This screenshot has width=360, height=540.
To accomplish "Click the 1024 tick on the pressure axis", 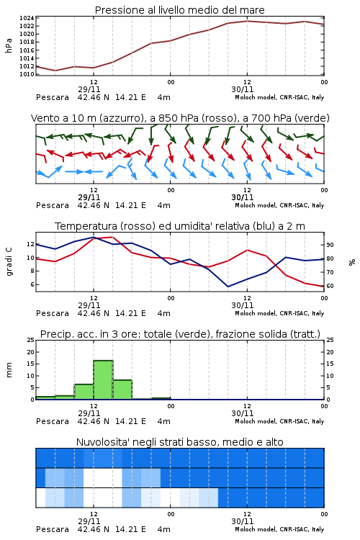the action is [x=27, y=18].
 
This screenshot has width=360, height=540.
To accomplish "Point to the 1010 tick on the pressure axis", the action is [x=27, y=74].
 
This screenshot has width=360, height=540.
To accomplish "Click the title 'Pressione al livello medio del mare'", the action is [x=180, y=10].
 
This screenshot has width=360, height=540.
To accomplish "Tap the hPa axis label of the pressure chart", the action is [x=9, y=45].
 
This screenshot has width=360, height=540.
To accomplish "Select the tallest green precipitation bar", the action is [x=103, y=380].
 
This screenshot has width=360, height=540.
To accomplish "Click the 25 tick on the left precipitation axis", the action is [x=31, y=340].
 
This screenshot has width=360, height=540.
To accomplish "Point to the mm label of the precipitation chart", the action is [x=9, y=370].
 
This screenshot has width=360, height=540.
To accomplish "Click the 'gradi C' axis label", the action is [x=9, y=261].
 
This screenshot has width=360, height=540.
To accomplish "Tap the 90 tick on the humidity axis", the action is [x=330, y=245].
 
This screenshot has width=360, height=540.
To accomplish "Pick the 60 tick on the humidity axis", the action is [x=330, y=286].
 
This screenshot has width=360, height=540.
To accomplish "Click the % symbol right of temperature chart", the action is [x=352, y=262].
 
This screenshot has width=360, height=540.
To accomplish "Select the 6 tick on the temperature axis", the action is [x=32, y=284].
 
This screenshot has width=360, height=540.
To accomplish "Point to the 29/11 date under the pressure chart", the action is [x=89, y=89].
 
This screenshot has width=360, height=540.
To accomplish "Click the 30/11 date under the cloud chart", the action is [x=243, y=521].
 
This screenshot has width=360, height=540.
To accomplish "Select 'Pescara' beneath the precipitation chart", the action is [x=53, y=421].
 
